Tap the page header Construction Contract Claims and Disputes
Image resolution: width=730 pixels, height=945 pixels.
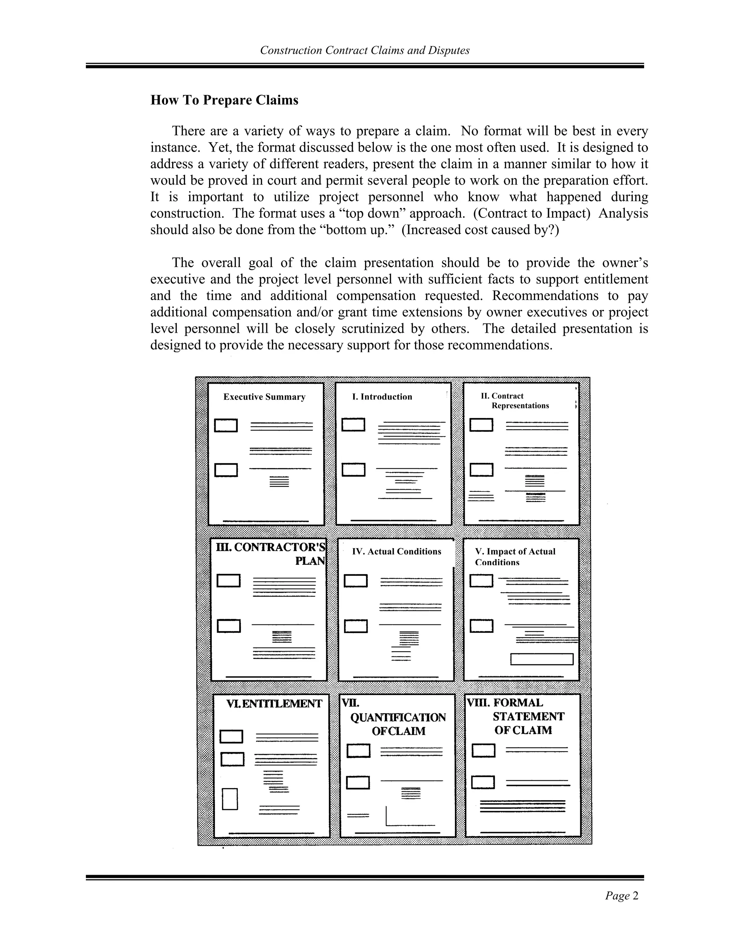tap(365, 51)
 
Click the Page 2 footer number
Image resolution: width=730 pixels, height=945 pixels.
tap(621, 896)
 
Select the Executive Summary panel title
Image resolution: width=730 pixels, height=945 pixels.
tap(264, 397)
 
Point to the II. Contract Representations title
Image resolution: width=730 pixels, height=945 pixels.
tap(515, 401)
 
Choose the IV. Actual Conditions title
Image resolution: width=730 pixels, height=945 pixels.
tap(397, 551)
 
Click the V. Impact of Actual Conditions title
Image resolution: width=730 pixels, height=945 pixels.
tap(515, 556)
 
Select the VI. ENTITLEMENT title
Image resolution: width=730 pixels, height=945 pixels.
tap(274, 704)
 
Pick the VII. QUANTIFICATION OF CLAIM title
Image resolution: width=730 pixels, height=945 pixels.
tap(397, 717)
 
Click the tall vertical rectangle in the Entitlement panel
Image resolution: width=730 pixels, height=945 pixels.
tap(230, 799)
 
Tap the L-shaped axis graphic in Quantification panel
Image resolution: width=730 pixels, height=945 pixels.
tap(409, 817)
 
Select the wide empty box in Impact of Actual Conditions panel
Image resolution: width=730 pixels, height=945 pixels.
tap(541, 659)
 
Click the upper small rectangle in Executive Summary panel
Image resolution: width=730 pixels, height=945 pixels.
tap(226, 425)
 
